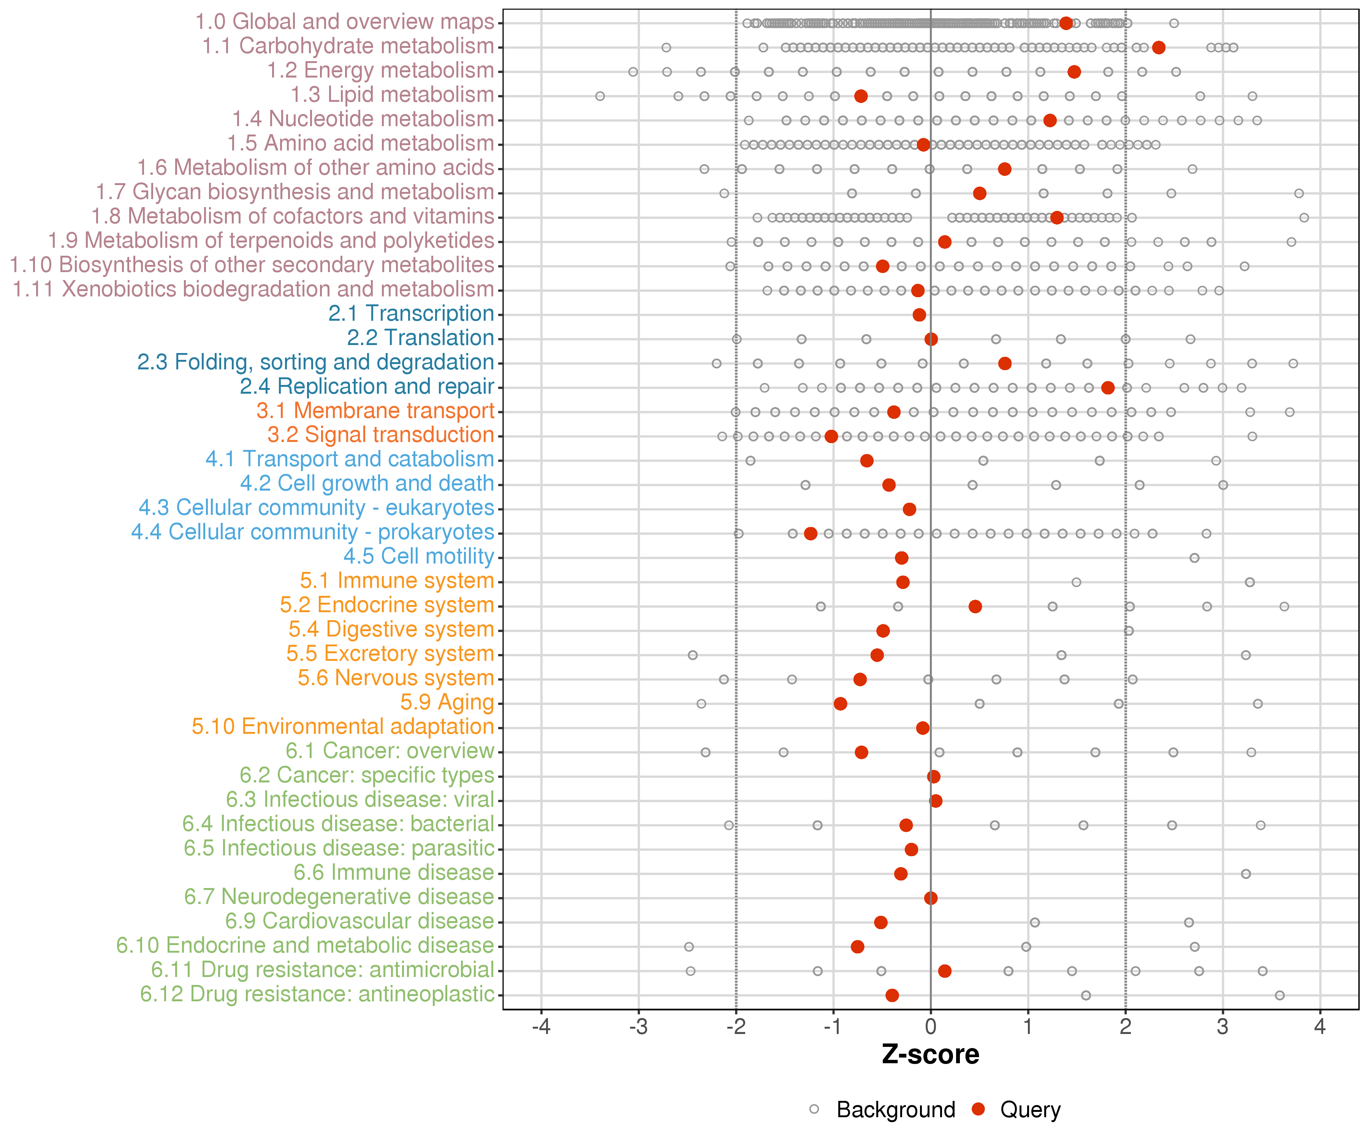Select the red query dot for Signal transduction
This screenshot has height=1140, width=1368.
click(831, 436)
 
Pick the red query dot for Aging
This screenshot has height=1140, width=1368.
click(840, 703)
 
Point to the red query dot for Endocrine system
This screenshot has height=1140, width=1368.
click(975, 606)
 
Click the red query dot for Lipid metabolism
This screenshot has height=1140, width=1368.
click(861, 96)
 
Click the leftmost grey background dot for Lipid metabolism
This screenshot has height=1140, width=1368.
click(600, 96)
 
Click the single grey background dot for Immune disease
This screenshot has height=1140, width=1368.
click(1246, 874)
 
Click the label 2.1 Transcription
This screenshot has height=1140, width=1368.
click(411, 313)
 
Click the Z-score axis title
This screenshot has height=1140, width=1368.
click(930, 1054)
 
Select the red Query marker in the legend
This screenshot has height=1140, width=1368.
click(978, 1109)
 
